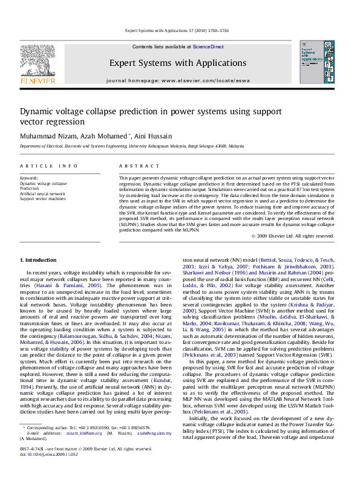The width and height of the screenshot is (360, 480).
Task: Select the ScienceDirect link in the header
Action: [x=208, y=47]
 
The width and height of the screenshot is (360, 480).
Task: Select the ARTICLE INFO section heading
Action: [x=48, y=166]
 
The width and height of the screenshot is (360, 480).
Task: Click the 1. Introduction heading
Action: [x=38, y=260]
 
